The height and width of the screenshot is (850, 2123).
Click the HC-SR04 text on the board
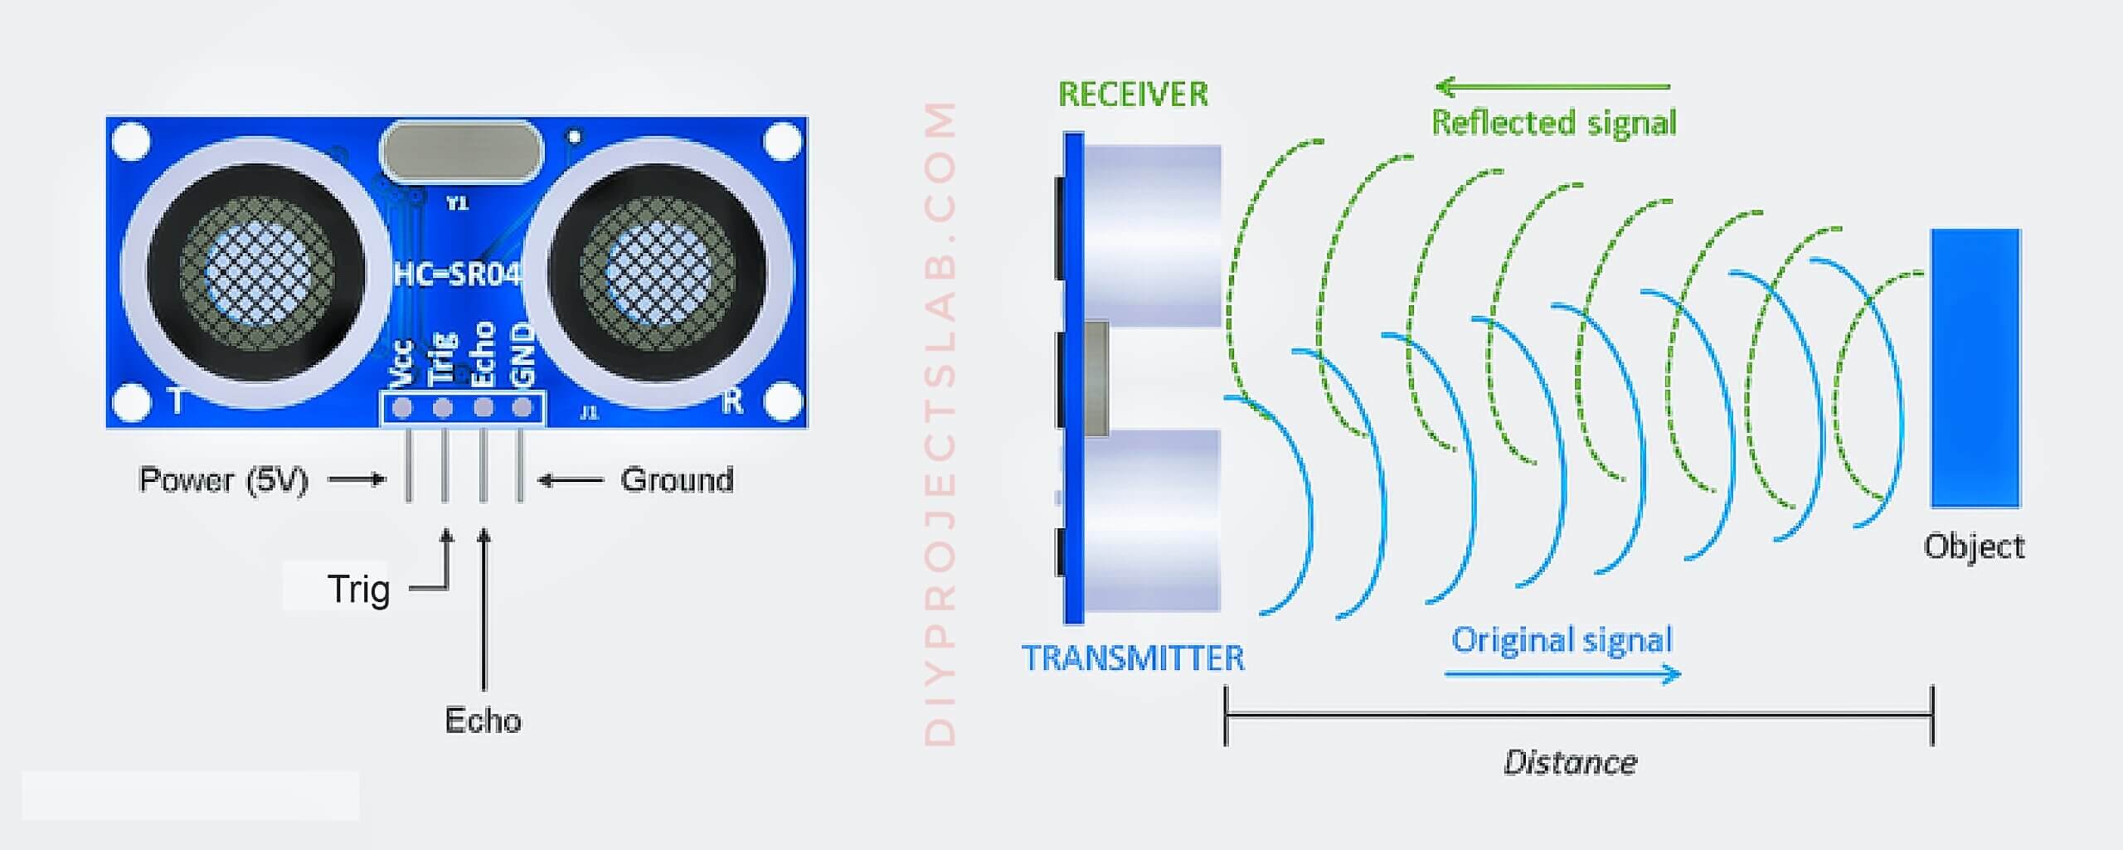(x=457, y=274)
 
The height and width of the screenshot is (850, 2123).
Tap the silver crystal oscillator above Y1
(x=461, y=152)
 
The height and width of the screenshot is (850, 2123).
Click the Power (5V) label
(x=224, y=480)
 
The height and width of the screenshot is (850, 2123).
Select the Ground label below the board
(x=678, y=480)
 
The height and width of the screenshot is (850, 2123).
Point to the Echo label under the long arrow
(x=483, y=720)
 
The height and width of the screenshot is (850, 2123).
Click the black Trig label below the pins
(x=358, y=590)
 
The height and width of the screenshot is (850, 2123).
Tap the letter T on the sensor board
(x=176, y=401)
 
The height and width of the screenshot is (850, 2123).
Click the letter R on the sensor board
(x=731, y=401)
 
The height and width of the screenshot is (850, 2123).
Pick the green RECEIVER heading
(x=1134, y=95)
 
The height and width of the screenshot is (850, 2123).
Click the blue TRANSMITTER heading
(x=1134, y=658)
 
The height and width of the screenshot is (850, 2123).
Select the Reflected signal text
(x=1554, y=123)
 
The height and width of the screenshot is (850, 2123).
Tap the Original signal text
(x=1562, y=640)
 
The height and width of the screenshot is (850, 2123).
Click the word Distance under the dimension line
(x=1571, y=762)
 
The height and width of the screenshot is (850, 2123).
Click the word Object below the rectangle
(x=1975, y=546)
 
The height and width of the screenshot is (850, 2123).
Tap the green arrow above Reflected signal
(x=1552, y=86)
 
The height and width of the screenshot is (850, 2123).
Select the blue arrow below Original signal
(x=1562, y=673)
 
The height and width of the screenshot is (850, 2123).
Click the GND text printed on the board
(x=522, y=355)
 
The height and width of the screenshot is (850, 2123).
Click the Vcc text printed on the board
(x=402, y=364)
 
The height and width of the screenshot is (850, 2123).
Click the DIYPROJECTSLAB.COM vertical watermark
(x=940, y=424)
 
